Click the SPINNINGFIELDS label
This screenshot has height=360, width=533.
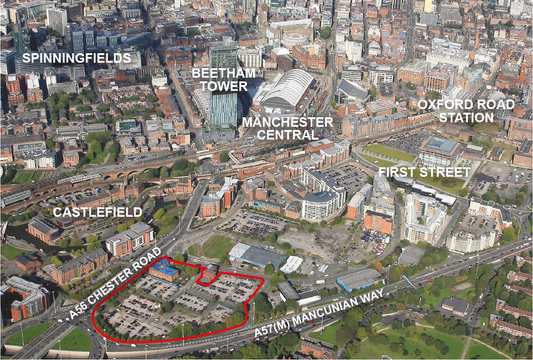pos(76,58)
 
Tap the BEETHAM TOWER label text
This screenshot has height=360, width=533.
pos(223,79)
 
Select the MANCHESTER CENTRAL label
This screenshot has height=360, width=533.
pos(287,129)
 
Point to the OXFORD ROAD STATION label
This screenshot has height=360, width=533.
pos(466,111)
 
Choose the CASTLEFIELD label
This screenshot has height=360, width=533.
pos(98,212)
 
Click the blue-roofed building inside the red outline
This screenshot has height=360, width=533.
pos(163,270)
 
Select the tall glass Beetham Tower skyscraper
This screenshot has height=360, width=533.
pos(223,107)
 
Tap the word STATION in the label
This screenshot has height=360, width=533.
pos(466,118)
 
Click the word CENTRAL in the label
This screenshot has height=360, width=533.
pos(287,135)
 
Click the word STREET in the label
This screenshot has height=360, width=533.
pos(443,172)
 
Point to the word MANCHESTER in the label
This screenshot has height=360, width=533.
pos(287,122)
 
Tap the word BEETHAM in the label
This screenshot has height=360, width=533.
pos(223,72)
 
